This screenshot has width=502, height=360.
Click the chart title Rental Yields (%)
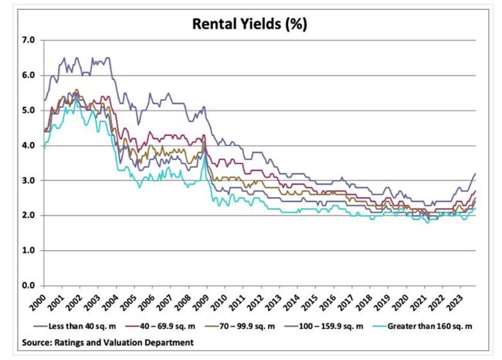(x=251, y=23)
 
